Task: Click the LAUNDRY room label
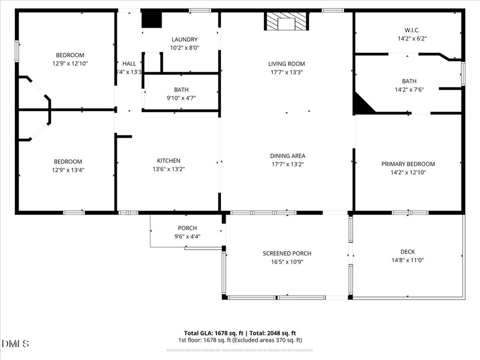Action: pos(184,39)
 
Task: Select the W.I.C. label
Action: pos(412,30)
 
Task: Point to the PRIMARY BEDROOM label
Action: pos(408,164)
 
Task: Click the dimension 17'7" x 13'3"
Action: pos(287,72)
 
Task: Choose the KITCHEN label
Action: pos(169,161)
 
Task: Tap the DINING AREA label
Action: pos(287,156)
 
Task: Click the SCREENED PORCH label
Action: pos(287,253)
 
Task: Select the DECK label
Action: pos(407,252)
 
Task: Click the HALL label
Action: pos(129,63)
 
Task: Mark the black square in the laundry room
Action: pos(151,19)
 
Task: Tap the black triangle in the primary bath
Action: pos(363,103)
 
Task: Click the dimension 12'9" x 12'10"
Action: pos(70,63)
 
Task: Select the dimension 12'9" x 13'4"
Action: pos(68,170)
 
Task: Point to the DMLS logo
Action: pos(15,342)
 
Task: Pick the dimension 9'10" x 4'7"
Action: pos(181,98)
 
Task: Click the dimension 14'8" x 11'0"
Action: pos(407,260)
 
